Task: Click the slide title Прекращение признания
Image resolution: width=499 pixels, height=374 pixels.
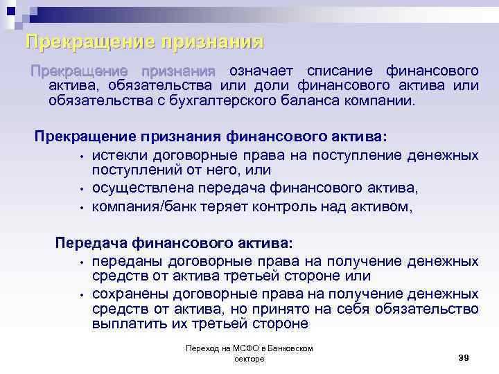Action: (x=144, y=42)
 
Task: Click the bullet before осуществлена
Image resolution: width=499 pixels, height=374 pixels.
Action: (x=81, y=188)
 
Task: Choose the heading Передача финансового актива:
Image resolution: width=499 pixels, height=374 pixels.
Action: (x=174, y=244)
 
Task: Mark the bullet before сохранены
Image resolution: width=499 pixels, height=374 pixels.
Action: (x=81, y=294)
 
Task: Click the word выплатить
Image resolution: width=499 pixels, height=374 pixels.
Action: (x=125, y=324)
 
